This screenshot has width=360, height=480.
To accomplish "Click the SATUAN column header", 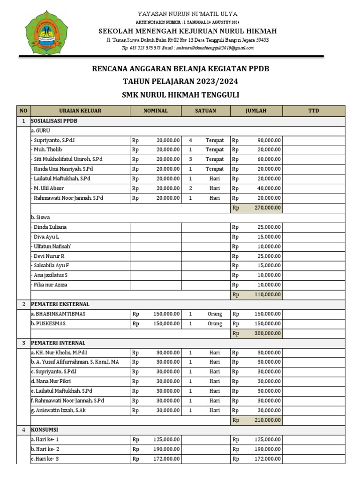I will pyautogui.click(x=205, y=111).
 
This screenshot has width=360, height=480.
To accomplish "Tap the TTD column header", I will pyautogui.click(x=313, y=111).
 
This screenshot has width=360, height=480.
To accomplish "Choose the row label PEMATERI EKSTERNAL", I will pyautogui.click(x=60, y=304).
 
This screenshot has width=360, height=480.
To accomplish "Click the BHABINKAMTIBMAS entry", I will pyautogui.click(x=58, y=314).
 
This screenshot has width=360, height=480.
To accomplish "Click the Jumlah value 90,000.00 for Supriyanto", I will pyautogui.click(x=269, y=140).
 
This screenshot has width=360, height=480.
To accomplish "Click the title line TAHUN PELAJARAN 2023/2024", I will pyautogui.click(x=180, y=81).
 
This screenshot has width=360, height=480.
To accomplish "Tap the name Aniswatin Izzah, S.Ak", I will pyautogui.click(x=58, y=410).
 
